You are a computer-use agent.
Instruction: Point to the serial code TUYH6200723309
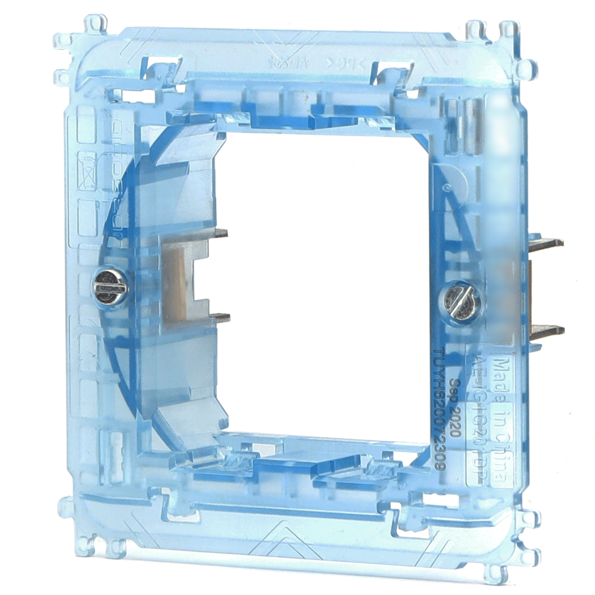click(440, 407)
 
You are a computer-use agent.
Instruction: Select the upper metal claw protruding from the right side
click(546, 244)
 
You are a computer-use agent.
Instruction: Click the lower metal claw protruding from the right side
click(547, 332)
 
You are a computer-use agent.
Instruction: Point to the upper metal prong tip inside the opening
click(221, 234)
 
